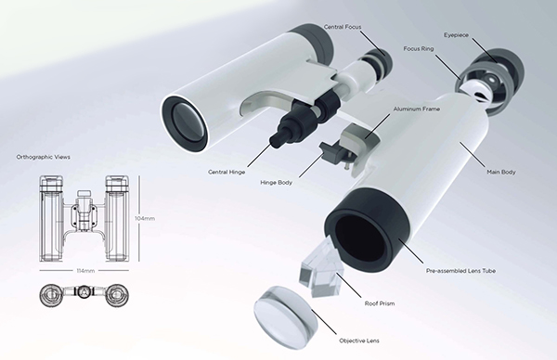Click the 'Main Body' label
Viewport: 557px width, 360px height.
point(501,173)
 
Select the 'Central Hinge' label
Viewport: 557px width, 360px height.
point(227,173)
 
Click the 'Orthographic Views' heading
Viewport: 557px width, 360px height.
point(41,159)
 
